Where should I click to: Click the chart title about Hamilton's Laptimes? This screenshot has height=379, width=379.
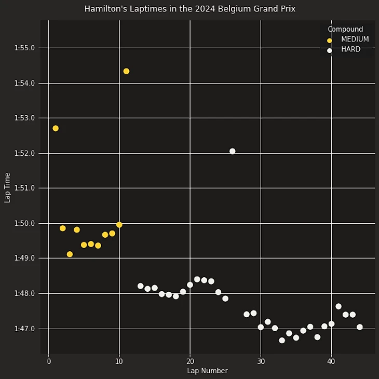pyautogui.click(x=189, y=9)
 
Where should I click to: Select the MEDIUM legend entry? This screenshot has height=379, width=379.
pyautogui.click(x=355, y=39)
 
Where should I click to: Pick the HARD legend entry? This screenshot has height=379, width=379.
pyautogui.click(x=350, y=50)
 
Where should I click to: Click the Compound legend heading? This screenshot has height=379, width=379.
pyautogui.click(x=345, y=30)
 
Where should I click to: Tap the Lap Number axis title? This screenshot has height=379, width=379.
pyautogui.click(x=207, y=371)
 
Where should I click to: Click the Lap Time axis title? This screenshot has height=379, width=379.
pyautogui.click(x=7, y=187)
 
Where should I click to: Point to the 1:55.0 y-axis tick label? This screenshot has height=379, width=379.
pyautogui.click(x=25, y=48)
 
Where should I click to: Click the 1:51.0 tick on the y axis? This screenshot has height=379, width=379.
pyautogui.click(x=25, y=188)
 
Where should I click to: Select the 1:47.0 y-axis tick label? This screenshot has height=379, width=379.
pyautogui.click(x=25, y=329)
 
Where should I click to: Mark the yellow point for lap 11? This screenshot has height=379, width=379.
pyautogui.click(x=126, y=71)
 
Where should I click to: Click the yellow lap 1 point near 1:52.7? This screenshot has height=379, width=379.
pyautogui.click(x=56, y=128)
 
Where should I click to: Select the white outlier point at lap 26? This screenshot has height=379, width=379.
pyautogui.click(x=232, y=151)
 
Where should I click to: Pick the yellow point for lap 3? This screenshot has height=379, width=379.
pyautogui.click(x=70, y=254)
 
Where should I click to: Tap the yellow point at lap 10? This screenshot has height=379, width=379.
pyautogui.click(x=119, y=225)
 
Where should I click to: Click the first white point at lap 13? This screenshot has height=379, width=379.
pyautogui.click(x=140, y=286)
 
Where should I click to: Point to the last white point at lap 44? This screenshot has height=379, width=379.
pyautogui.click(x=359, y=327)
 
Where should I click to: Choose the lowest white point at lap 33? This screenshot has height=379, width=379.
pyautogui.click(x=282, y=341)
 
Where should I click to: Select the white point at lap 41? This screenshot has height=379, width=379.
pyautogui.click(x=339, y=306)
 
